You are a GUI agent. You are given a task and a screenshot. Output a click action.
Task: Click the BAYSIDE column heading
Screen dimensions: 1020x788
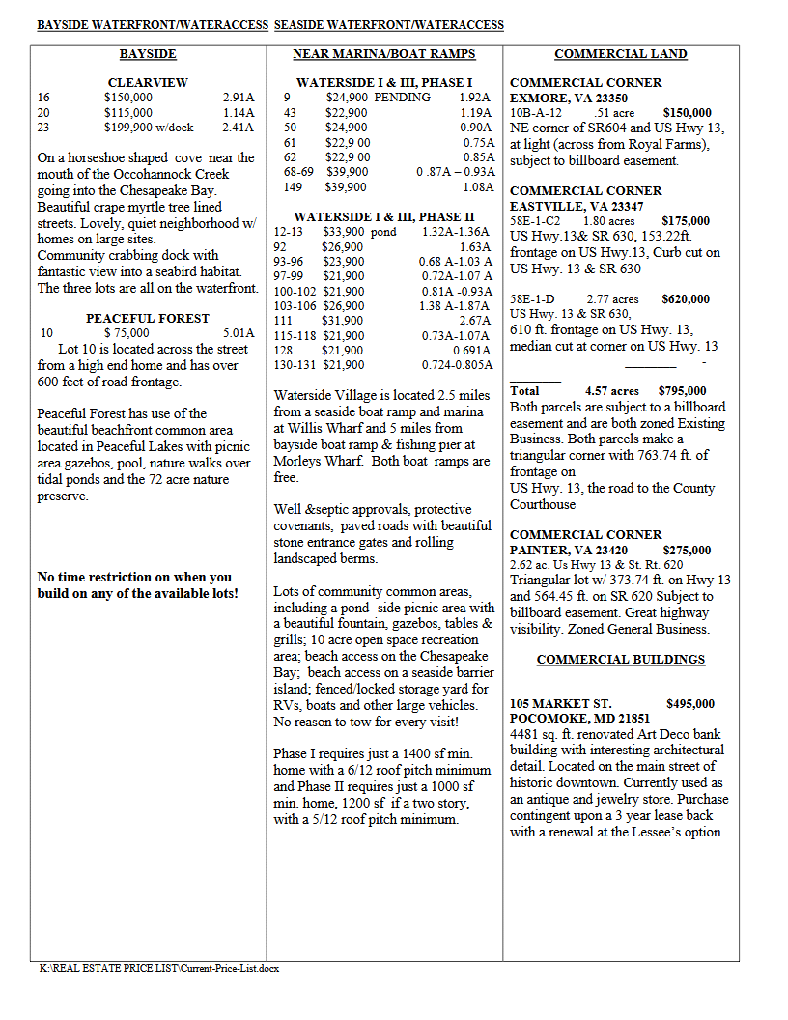click(148, 54)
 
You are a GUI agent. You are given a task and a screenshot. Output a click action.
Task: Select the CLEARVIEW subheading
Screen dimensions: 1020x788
click(148, 83)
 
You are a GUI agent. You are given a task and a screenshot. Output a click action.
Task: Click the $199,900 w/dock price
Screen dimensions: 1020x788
click(149, 127)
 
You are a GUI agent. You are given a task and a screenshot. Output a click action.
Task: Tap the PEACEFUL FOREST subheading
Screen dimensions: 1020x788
click(148, 318)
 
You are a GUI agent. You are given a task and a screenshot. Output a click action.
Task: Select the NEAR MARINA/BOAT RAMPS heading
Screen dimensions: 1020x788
click(384, 54)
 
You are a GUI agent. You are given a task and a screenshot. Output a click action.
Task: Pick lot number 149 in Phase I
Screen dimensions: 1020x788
click(293, 186)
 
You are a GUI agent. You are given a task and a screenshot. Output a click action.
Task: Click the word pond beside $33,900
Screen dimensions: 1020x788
click(383, 232)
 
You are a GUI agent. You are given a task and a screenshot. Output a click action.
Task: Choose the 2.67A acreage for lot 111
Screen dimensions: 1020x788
click(475, 320)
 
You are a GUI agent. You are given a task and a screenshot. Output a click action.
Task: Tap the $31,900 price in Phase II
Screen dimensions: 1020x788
click(343, 320)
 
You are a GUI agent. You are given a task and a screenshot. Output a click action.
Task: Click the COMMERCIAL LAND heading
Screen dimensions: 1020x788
click(621, 54)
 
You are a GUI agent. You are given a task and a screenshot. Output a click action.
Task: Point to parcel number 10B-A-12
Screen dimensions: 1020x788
click(536, 113)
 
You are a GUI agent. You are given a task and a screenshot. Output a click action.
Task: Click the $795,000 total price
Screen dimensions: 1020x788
click(682, 391)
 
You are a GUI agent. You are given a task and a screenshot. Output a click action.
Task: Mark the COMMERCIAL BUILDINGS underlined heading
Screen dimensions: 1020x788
click(621, 660)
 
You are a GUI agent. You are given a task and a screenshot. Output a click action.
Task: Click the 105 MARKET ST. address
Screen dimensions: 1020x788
click(560, 704)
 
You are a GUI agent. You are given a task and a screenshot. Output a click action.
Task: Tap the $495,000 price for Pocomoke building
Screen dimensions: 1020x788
click(690, 704)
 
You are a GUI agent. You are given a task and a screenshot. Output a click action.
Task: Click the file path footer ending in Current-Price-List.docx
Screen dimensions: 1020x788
click(159, 967)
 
